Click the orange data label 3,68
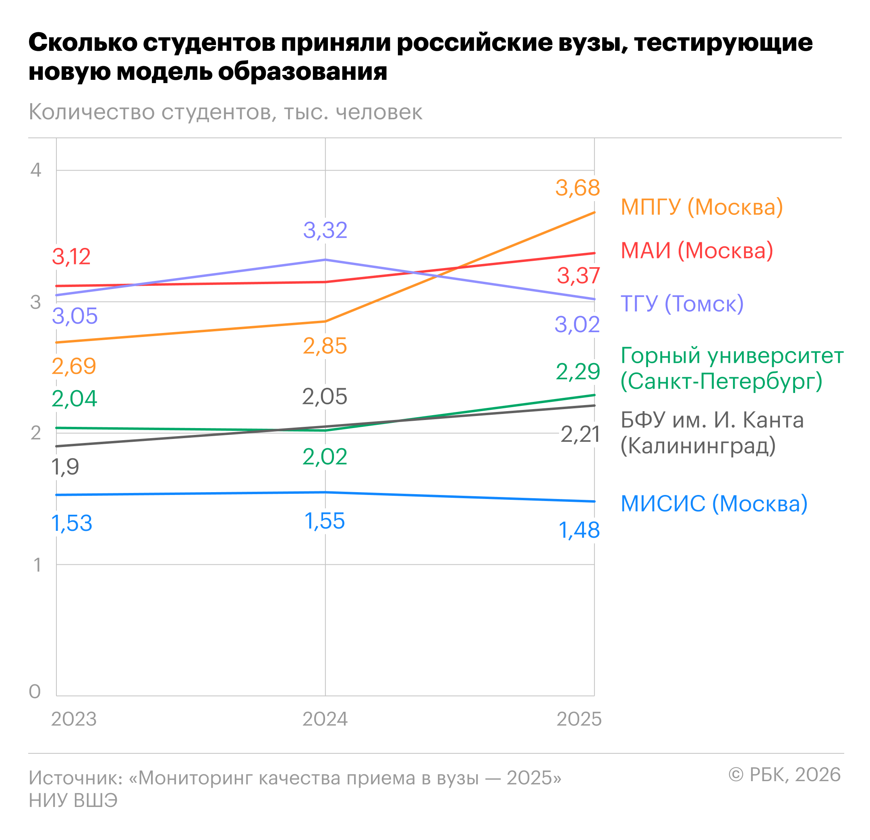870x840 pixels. (578, 188)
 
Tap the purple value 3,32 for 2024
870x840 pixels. (325, 230)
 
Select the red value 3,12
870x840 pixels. (71, 257)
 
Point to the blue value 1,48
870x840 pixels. (579, 530)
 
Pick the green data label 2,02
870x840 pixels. (325, 457)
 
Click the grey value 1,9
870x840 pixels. (65, 467)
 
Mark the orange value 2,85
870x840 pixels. (325, 346)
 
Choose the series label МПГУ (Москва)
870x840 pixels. (701, 207)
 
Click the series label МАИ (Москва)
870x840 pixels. (696, 251)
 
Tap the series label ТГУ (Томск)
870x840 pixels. (682, 304)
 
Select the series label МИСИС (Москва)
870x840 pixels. (714, 504)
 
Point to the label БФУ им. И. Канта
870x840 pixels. (712, 420)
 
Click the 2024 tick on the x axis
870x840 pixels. (325, 719)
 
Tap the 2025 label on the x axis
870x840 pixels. (579, 719)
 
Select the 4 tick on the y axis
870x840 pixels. (35, 170)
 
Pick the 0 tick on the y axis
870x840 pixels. (35, 692)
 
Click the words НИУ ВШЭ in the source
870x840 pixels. (73, 800)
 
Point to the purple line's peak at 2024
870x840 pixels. (325, 260)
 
